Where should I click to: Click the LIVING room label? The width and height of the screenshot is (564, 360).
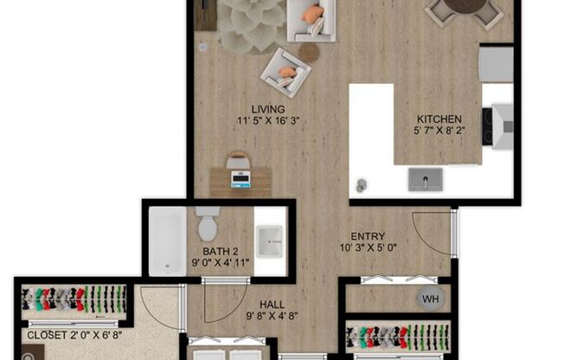click(x=268, y=109)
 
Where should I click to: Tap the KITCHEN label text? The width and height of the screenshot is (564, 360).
click(x=439, y=119)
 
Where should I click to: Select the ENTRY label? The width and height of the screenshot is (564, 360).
click(x=368, y=236)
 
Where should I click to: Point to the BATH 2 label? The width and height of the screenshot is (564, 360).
click(x=220, y=252)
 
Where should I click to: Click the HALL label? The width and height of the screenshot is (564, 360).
click(x=272, y=305)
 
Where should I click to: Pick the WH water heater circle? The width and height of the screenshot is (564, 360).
click(x=430, y=299)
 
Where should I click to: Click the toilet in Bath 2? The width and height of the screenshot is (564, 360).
click(x=208, y=223)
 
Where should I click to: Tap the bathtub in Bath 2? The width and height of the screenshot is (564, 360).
click(x=168, y=241)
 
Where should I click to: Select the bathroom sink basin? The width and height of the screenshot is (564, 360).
click(x=269, y=241)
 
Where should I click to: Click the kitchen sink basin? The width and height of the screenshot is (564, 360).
click(x=425, y=180)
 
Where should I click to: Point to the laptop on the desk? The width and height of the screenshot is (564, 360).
click(x=240, y=179)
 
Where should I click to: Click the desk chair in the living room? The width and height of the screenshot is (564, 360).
click(x=238, y=160)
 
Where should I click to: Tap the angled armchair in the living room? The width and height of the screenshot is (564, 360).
click(x=285, y=73)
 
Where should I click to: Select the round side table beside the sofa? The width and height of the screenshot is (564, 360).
click(x=309, y=53)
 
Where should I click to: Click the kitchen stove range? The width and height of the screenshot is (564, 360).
click(x=497, y=126)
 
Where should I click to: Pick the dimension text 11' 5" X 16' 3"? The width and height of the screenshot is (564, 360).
click(x=268, y=120)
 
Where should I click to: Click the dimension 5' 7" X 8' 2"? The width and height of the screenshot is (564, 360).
click(x=439, y=131)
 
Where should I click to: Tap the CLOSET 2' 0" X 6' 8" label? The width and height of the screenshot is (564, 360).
click(x=74, y=335)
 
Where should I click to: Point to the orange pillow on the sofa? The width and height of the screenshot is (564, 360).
click(x=310, y=15)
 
